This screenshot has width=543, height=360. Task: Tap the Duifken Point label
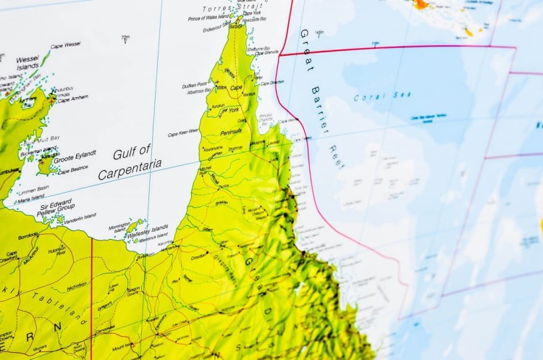[x=195, y=85]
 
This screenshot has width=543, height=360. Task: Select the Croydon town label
[x=199, y=256]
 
